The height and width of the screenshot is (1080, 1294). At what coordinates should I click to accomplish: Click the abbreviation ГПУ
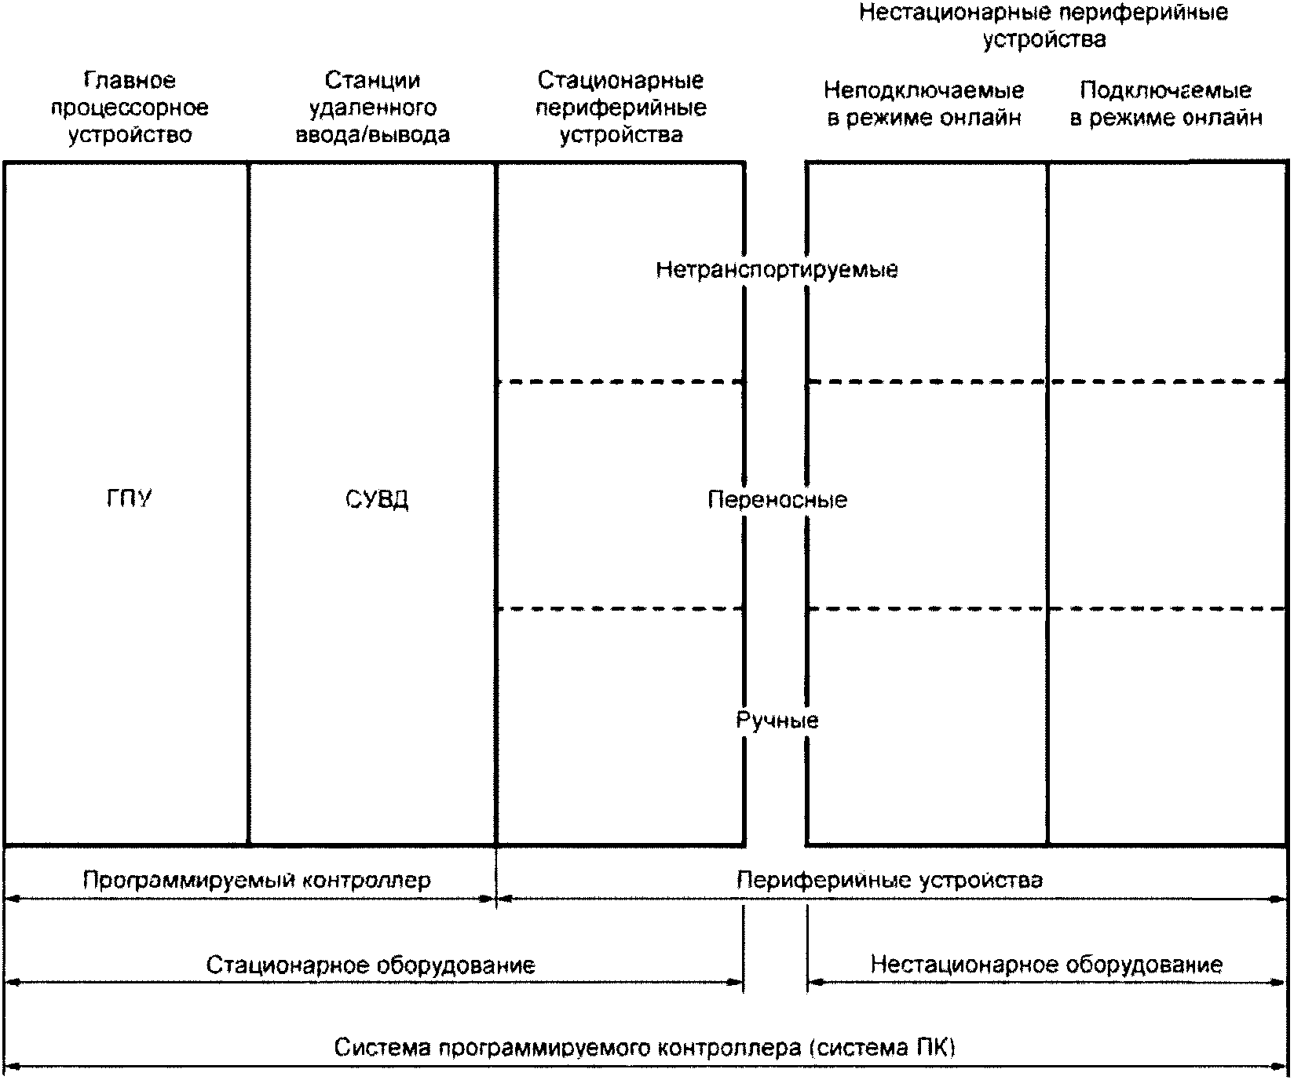[130, 499]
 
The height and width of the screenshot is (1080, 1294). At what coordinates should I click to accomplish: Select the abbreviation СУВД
[377, 500]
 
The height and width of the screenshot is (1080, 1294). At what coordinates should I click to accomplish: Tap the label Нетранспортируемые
[777, 270]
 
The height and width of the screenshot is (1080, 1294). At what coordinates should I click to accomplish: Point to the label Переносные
[777, 500]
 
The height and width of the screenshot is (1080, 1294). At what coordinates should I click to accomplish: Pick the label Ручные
[777, 721]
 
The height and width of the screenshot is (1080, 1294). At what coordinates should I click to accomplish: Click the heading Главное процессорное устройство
[130, 108]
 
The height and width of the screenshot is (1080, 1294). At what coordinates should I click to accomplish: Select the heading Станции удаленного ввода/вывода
[373, 108]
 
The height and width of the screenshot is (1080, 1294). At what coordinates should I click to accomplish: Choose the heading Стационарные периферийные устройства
[621, 108]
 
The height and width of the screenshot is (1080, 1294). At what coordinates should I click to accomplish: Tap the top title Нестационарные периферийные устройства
[1044, 26]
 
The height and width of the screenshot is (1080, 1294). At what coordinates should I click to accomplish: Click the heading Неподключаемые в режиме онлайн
[924, 104]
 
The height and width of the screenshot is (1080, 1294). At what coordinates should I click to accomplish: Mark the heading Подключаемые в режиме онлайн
[1166, 104]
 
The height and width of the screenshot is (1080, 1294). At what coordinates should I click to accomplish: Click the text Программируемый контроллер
[257, 880]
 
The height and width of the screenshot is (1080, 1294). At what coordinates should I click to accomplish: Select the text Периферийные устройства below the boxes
[890, 880]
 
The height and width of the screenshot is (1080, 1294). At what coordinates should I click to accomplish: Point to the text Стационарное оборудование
[371, 965]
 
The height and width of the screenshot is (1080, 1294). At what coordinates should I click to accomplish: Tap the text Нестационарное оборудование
[1047, 965]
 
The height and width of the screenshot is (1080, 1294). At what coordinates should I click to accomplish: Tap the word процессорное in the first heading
[130, 108]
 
